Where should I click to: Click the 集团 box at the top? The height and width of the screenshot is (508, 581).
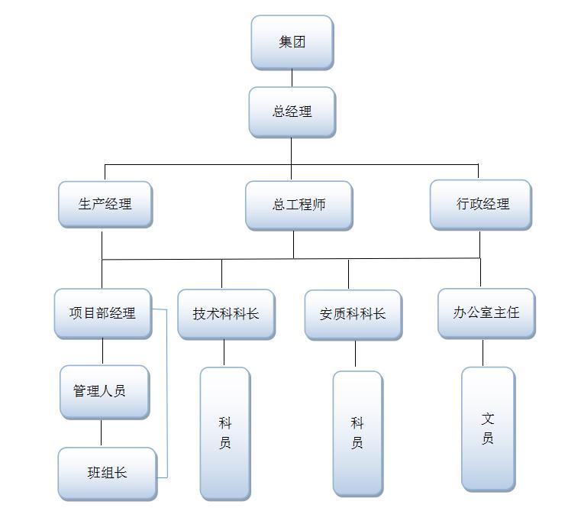[292, 42]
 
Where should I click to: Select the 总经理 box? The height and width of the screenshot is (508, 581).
[292, 112]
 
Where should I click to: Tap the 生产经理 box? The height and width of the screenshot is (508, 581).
[105, 204]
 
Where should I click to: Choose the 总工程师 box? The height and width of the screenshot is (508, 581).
[299, 205]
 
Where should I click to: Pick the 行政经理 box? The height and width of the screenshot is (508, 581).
[480, 204]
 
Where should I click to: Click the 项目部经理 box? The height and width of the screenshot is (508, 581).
[102, 313]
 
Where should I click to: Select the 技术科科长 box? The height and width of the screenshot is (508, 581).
[226, 314]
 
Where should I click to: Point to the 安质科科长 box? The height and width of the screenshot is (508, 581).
[353, 314]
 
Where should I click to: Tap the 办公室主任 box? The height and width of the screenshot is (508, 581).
[486, 312]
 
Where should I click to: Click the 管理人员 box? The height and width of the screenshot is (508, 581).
[105, 391]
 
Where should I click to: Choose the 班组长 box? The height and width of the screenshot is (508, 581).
[107, 473]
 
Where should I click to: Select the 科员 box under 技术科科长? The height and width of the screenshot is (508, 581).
[224, 433]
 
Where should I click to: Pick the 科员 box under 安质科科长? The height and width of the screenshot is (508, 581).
[357, 433]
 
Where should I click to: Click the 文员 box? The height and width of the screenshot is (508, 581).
[488, 429]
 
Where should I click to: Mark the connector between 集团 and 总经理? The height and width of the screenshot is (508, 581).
[292, 78]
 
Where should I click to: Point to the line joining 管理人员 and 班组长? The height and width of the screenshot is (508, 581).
[101, 433]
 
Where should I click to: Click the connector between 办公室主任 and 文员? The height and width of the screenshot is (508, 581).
[483, 353]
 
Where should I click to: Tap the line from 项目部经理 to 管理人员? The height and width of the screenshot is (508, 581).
[102, 351]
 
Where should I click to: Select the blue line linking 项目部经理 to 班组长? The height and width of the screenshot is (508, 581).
[166, 393]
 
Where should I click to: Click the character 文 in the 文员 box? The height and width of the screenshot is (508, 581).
[488, 419]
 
